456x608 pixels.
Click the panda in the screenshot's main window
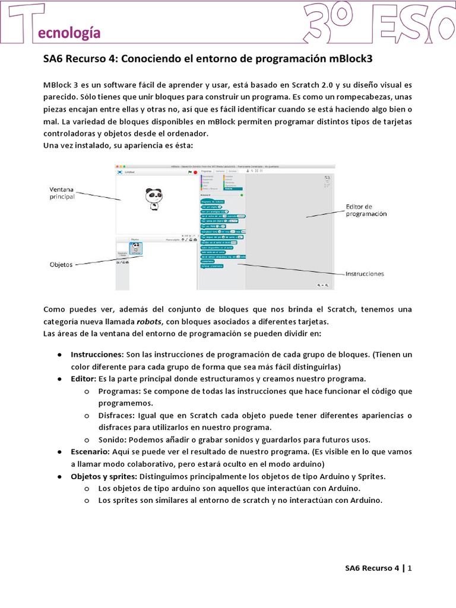click(154, 198)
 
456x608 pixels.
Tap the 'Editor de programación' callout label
click(366, 210)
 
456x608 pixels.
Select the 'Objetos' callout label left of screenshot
click(61, 265)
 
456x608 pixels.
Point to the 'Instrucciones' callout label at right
click(365, 274)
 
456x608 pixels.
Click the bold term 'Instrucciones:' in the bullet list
click(97, 354)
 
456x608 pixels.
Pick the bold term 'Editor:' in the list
click(83, 378)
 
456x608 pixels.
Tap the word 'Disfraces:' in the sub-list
click(117, 415)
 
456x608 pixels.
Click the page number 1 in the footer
click(409, 568)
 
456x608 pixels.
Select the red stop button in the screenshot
click(195, 172)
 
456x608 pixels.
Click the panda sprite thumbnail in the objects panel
click(137, 249)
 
